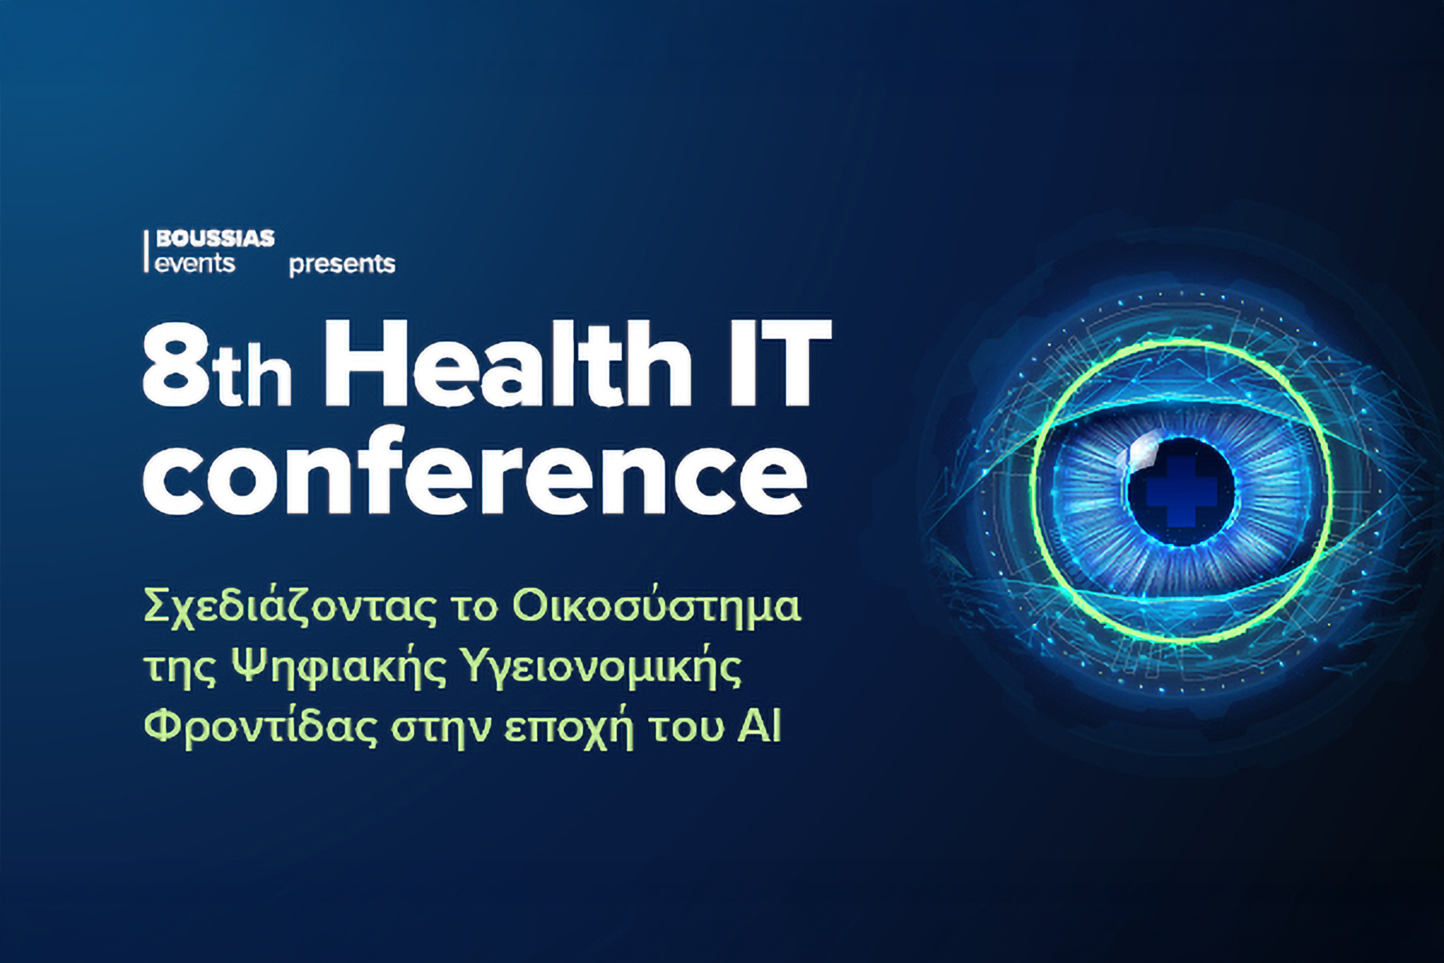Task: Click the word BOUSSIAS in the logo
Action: click(215, 238)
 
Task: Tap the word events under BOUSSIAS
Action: click(195, 263)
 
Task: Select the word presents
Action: click(342, 264)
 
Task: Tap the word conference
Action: click(475, 471)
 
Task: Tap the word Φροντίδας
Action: click(261, 727)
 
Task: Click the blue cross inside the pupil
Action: click(1181, 491)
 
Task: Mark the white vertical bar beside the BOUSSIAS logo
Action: click(146, 251)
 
